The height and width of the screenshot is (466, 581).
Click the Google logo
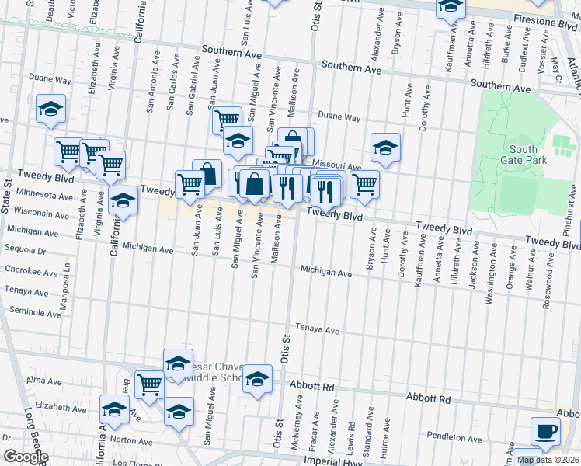point(25,457)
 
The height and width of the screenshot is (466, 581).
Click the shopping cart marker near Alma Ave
point(149,383)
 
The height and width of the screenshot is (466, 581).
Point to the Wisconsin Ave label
point(42,213)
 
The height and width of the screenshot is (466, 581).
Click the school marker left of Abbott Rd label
point(258,378)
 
